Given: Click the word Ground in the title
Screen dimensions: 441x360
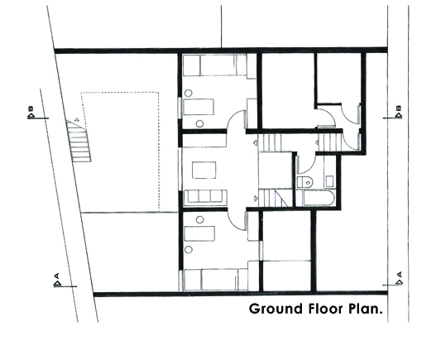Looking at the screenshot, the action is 276,309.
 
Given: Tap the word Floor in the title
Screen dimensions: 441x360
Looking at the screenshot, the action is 326,309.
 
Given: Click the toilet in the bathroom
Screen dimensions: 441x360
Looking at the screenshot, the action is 304,182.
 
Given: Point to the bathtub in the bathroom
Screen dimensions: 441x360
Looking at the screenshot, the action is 319,199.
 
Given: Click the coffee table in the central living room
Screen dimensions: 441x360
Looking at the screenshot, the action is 204,170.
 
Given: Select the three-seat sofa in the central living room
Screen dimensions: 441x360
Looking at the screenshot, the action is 205,196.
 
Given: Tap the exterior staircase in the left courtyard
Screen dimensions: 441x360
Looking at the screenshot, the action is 79,142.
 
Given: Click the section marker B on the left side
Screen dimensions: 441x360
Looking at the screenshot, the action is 31,113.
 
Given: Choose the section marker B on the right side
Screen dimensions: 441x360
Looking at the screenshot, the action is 398,113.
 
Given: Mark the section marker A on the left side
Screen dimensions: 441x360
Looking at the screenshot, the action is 57,280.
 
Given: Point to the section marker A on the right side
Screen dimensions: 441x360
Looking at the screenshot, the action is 399,278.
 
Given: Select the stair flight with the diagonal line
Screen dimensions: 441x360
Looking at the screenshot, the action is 273,198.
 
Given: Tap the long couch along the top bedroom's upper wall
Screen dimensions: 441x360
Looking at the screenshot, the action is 215,65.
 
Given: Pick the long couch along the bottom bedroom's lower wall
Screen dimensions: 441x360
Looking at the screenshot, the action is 215,280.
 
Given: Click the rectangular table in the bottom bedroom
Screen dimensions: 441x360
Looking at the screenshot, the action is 199,233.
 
